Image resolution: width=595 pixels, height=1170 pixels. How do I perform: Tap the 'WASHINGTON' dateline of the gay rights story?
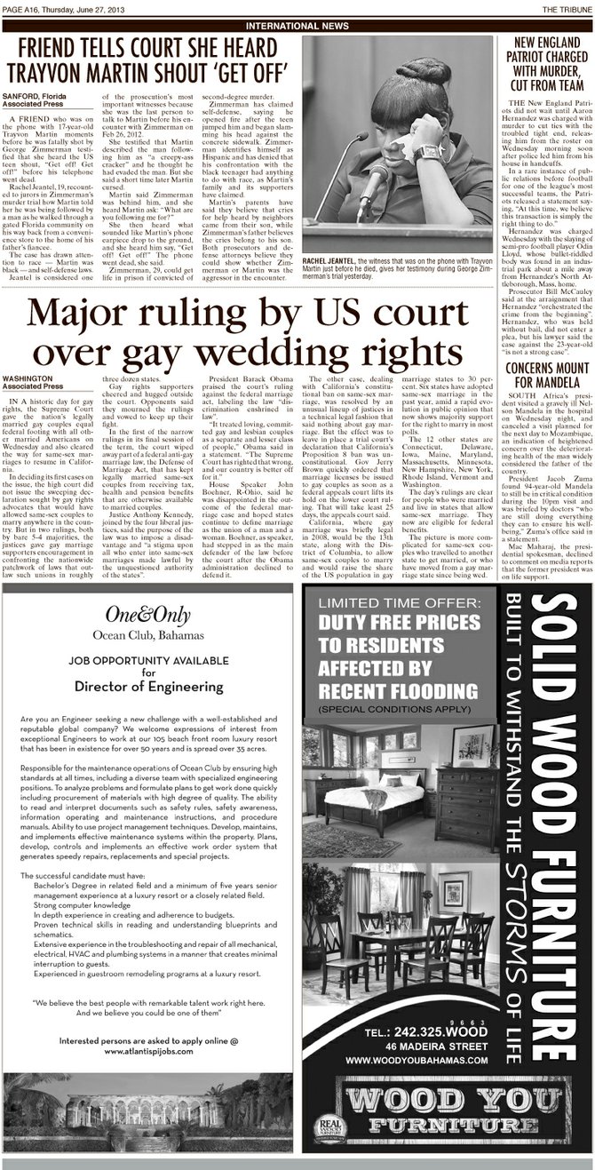pyautogui.click(x=28, y=378)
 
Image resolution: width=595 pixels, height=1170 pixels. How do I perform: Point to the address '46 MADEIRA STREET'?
pyautogui.click(x=440, y=1047)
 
